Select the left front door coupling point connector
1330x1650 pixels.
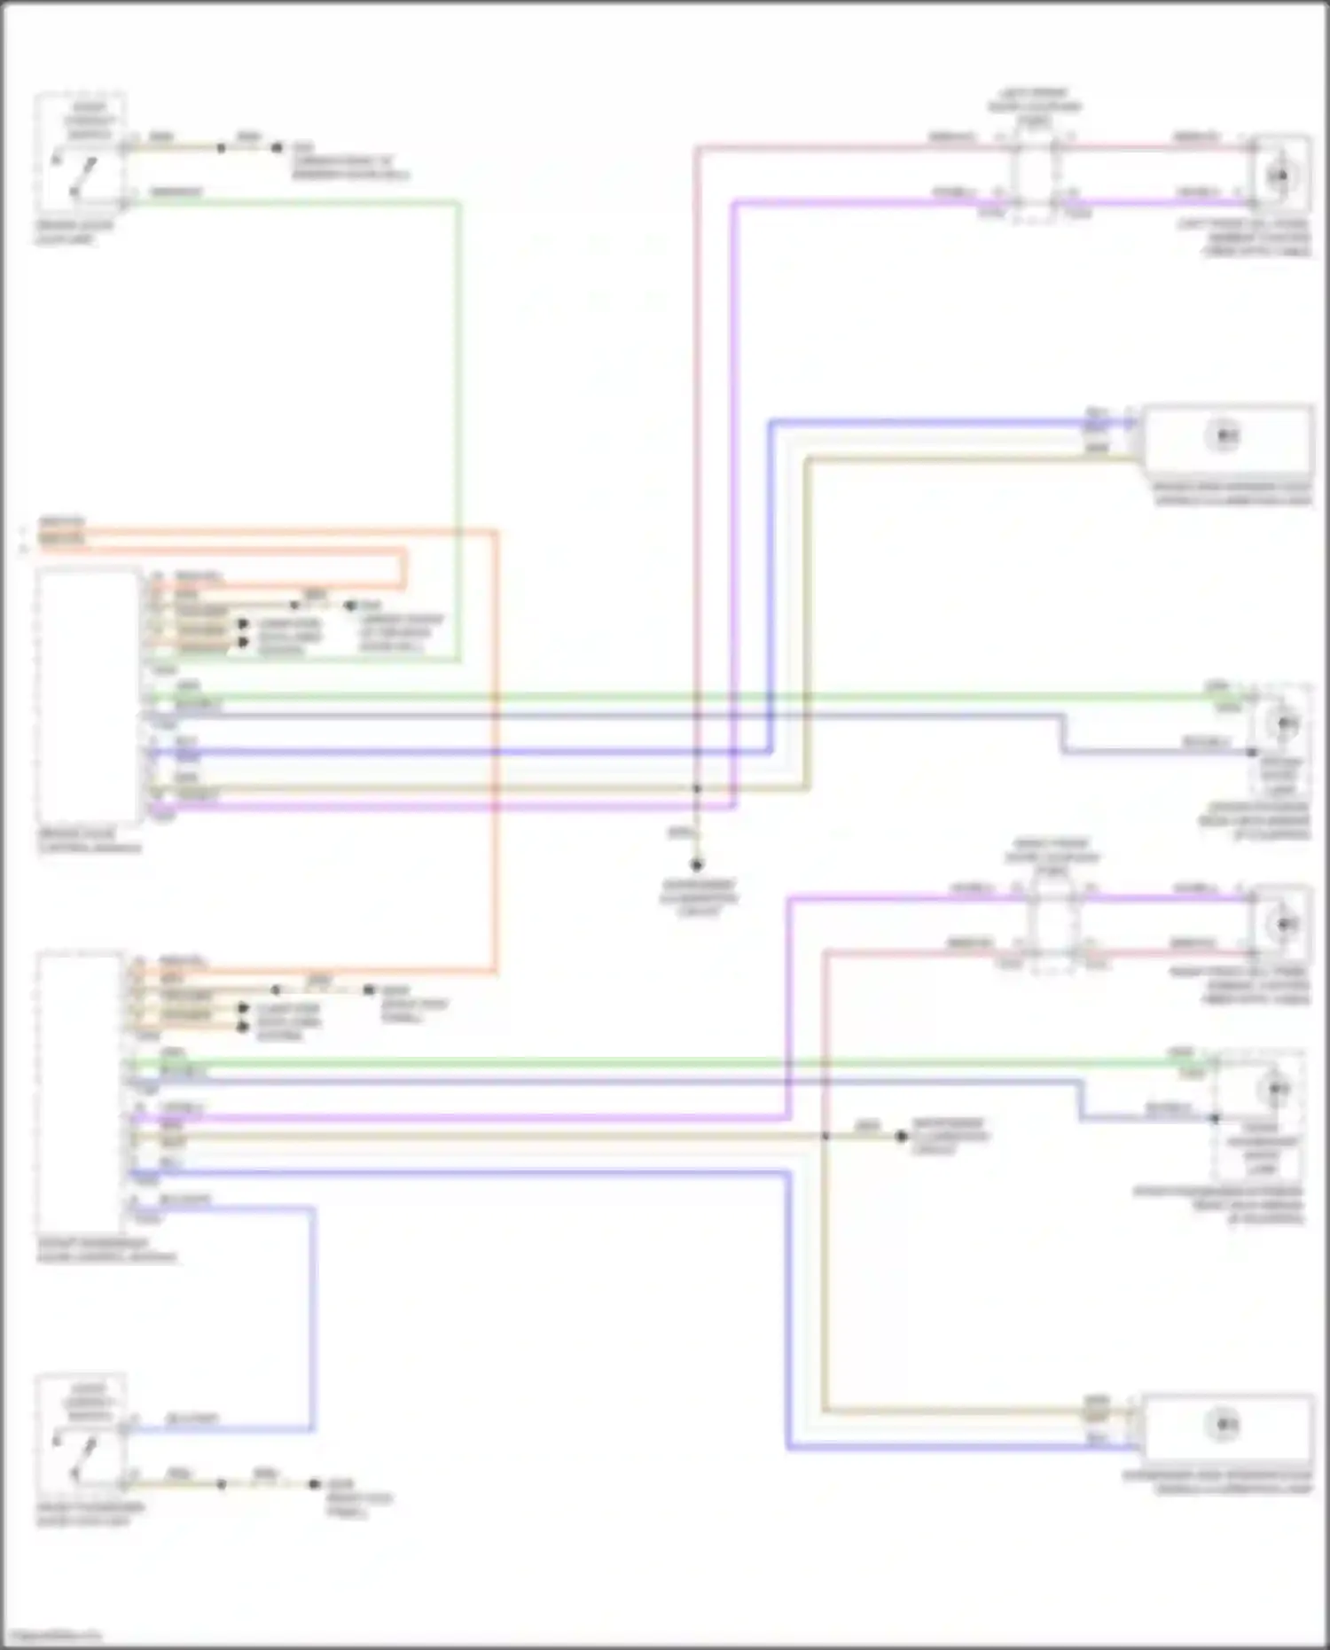(1035, 174)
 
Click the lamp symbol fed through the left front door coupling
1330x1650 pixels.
(1279, 176)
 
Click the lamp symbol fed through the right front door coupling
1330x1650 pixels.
(1283, 924)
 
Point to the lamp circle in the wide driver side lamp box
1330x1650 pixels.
(1224, 436)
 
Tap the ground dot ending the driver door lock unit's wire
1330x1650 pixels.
(278, 148)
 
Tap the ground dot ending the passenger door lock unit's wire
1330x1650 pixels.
(314, 1484)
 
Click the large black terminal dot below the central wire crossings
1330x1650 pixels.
(697, 864)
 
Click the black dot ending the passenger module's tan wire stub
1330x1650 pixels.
(901, 1136)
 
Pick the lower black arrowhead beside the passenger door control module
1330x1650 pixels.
(242, 1027)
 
